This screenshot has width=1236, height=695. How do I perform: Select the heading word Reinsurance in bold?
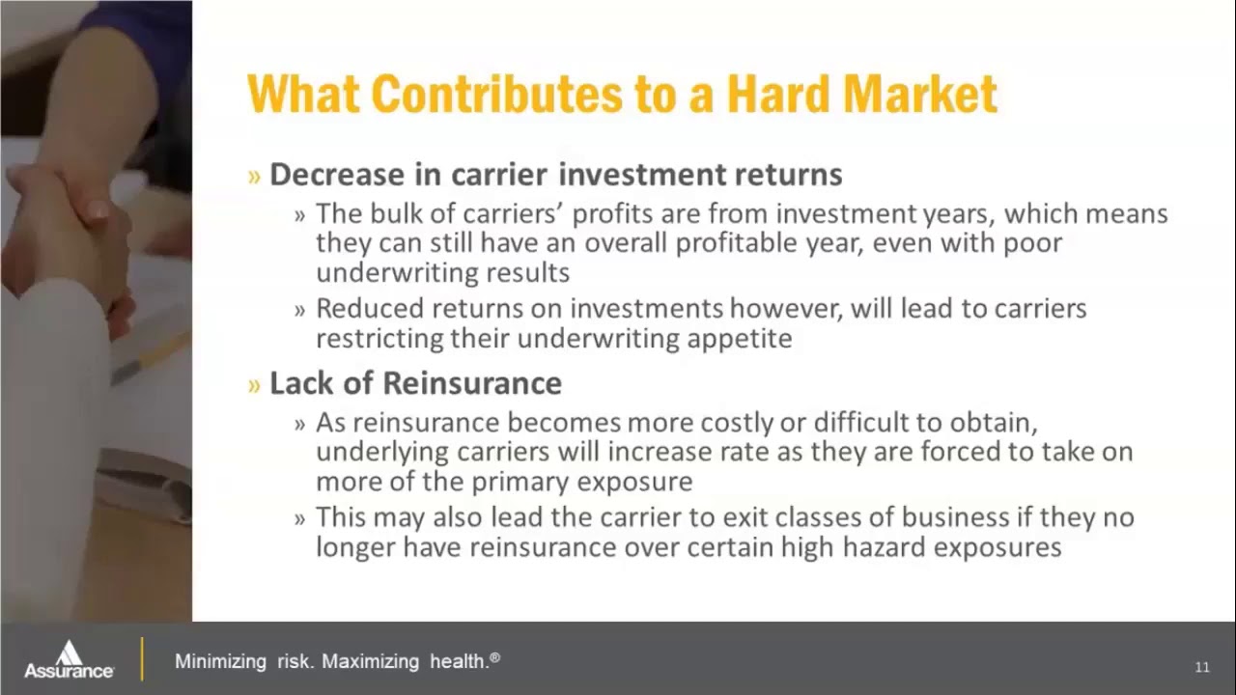(x=472, y=383)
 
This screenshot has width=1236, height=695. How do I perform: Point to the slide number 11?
(x=1202, y=667)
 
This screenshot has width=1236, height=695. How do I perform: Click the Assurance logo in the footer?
(x=69, y=660)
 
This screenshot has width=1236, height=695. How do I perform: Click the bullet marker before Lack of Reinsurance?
(x=255, y=384)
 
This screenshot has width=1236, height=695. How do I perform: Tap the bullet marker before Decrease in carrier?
(x=255, y=176)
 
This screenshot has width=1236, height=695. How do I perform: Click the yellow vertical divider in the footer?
(x=142, y=659)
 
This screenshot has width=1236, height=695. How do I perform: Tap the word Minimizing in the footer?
(x=220, y=662)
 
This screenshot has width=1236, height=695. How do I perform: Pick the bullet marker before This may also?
(x=300, y=518)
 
